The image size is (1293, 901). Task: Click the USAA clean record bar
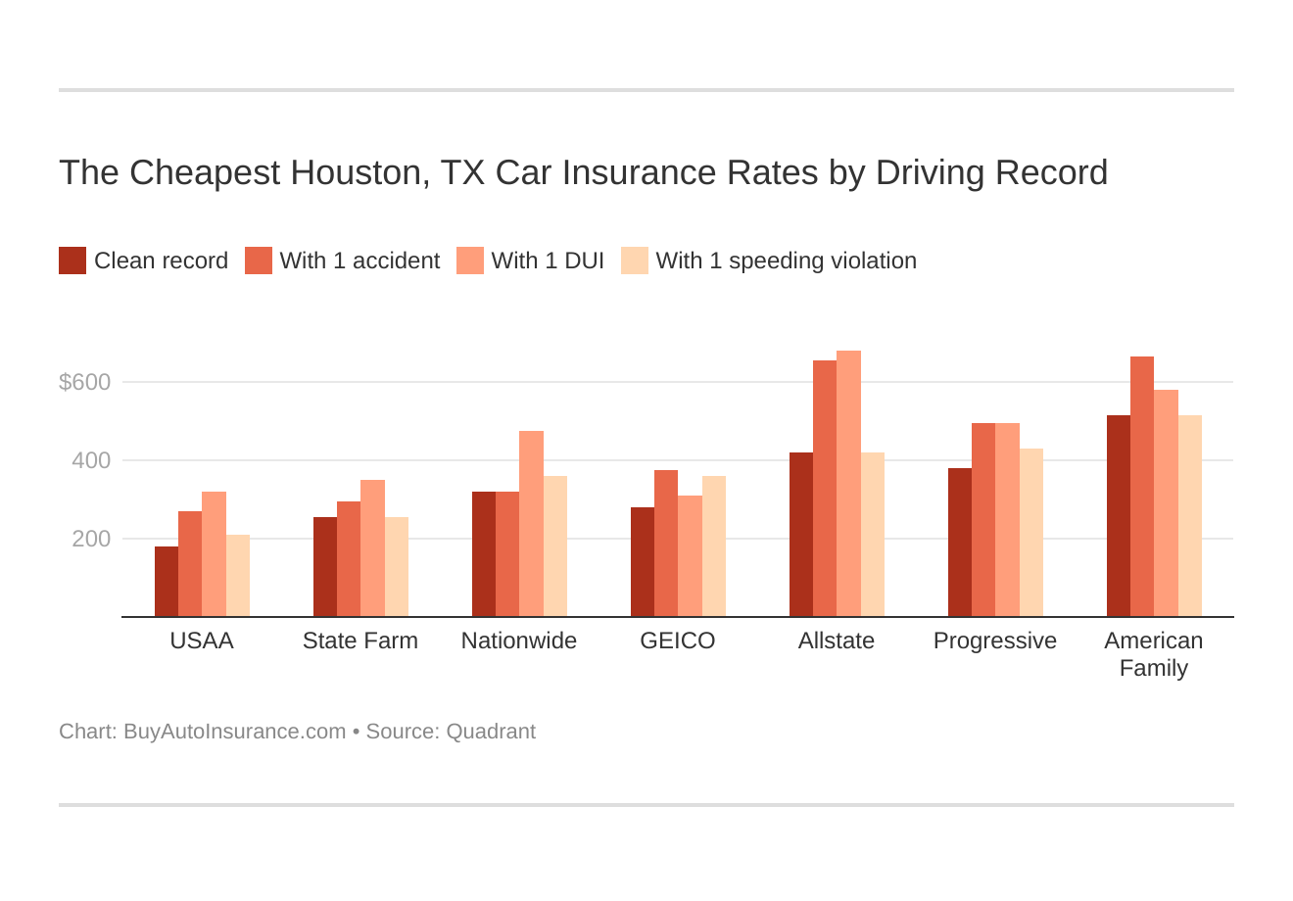click(167, 582)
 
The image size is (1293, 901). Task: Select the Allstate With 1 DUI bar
click(848, 484)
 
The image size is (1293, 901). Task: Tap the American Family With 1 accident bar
click(1142, 487)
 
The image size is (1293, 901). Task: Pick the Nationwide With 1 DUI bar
click(531, 524)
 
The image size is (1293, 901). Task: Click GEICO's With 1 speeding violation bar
click(714, 546)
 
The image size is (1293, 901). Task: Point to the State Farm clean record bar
click(325, 567)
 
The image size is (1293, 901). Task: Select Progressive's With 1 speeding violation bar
click(1031, 533)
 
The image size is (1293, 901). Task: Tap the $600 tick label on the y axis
click(85, 382)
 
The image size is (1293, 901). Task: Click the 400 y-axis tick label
click(91, 460)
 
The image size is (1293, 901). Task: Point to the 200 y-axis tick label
click(91, 539)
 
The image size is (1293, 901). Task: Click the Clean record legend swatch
click(72, 261)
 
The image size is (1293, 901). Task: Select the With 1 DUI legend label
click(548, 261)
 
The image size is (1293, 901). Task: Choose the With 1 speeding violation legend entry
click(786, 261)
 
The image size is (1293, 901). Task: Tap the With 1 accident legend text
click(359, 261)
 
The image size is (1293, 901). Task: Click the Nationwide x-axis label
click(519, 640)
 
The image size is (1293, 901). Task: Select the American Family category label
click(1154, 654)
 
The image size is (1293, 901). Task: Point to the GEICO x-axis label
click(678, 640)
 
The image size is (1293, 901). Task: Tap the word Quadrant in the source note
click(491, 732)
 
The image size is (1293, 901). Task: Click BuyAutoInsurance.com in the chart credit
click(234, 732)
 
